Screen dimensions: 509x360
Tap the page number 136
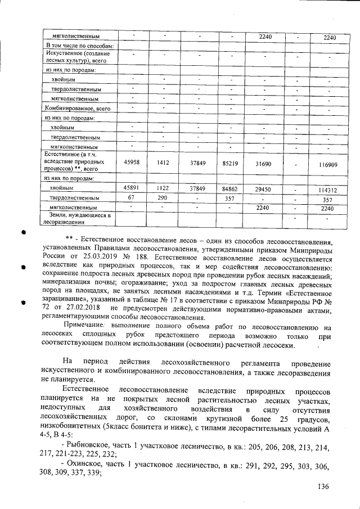[x=322, y=487]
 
